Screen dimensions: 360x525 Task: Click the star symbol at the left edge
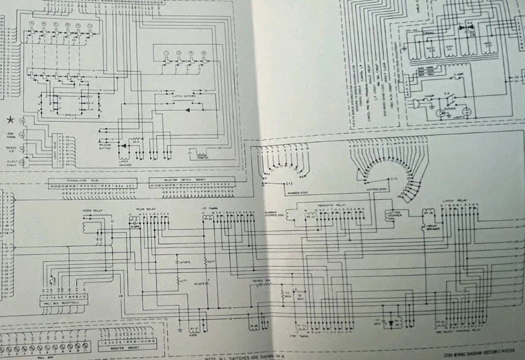click(9, 119)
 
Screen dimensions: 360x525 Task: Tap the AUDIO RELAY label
click(93, 211)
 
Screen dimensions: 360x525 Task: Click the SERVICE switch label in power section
click(448, 108)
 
